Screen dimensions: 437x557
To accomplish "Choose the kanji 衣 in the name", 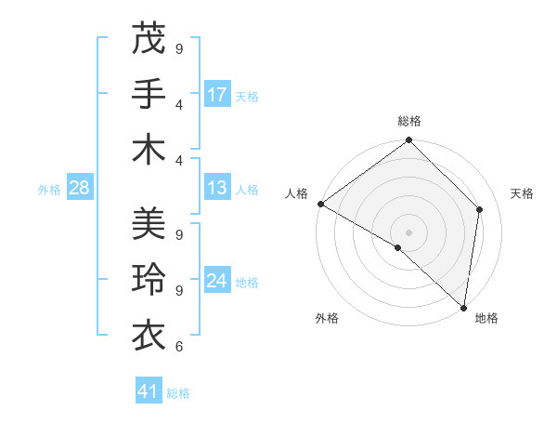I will pos(149,334).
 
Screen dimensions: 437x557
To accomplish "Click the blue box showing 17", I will pos(217,95).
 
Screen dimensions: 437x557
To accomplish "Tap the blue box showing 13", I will pos(217,189).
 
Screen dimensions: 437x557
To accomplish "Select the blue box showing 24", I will pos(217,282).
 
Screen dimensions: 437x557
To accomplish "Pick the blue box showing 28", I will pos(80,189).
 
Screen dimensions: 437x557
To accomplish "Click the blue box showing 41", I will pos(149,392).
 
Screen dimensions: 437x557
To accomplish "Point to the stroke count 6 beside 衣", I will pos(178,347).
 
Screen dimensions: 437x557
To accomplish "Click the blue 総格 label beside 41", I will pos(178,393).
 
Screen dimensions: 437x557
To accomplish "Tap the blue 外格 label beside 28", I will pos(49,190).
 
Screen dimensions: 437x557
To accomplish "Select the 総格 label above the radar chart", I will pos(409,121).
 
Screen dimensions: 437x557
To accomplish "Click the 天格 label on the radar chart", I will pos(523,193).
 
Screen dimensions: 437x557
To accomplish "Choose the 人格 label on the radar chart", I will pos(297,193).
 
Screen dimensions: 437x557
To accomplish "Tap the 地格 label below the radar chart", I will pos(486,319).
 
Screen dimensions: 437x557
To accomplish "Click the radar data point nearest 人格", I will pos(320,204).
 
